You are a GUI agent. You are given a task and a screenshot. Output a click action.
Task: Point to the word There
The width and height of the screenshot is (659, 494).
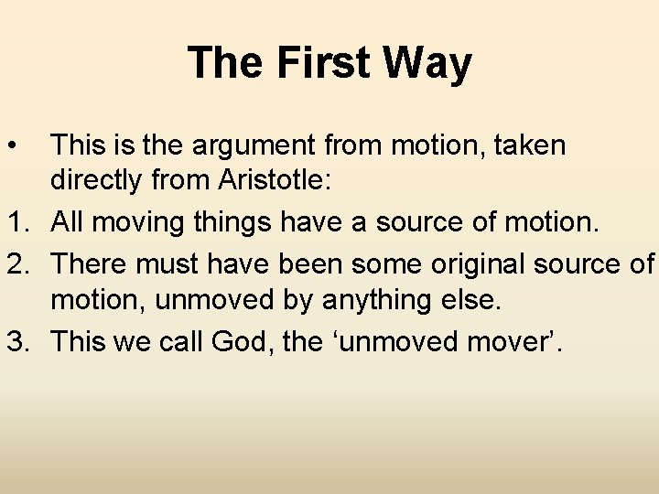coord(88,263)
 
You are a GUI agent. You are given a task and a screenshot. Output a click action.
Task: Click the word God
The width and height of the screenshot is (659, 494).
coord(237,342)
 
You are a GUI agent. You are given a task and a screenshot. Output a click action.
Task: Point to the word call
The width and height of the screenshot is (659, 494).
coord(180,342)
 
